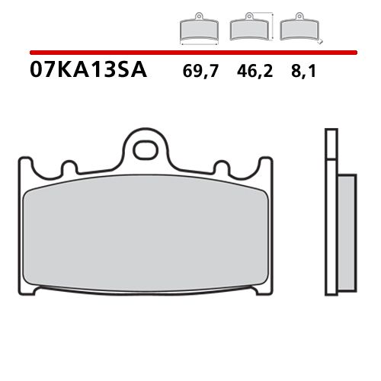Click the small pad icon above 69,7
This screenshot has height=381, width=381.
click(197, 29)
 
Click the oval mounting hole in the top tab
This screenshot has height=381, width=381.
click(144, 150)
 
